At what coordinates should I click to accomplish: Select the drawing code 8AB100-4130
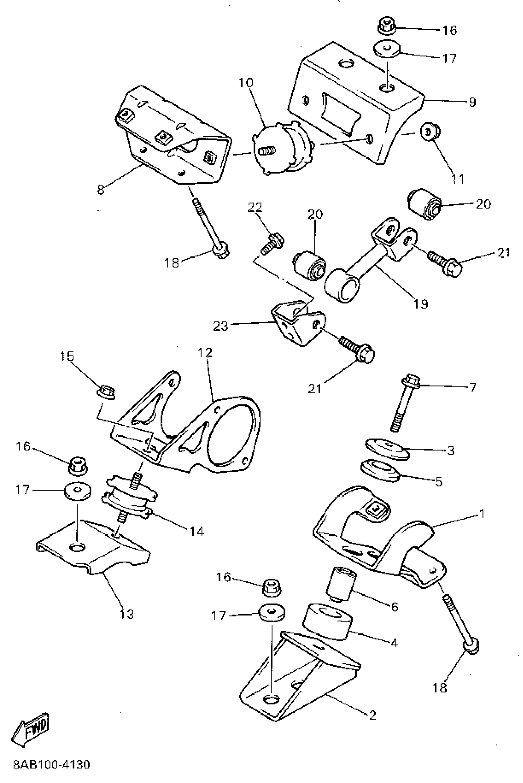52,765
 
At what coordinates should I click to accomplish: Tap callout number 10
246,82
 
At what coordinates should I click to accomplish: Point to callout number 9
472,102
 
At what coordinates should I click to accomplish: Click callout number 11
458,179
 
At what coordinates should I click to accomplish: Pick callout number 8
100,190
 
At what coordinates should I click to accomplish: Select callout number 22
255,207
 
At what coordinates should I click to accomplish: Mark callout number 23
221,326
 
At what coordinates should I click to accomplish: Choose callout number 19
421,303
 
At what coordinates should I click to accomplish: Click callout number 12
205,352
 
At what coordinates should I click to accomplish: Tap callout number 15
66,356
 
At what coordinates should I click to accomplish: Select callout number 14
197,531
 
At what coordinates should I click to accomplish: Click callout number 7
472,387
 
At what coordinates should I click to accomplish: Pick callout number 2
372,715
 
